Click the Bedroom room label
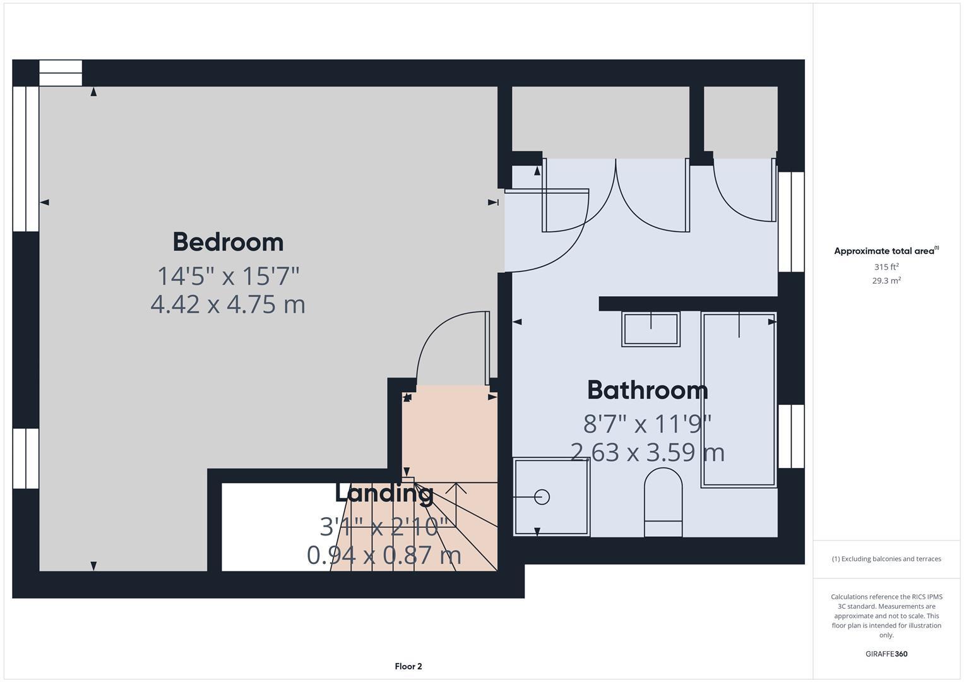228,242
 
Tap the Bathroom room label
647,390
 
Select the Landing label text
384,493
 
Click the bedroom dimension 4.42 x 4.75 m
228,304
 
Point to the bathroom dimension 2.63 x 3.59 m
647,452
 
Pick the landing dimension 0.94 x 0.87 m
384,555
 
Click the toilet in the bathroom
663,502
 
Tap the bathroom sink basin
651,329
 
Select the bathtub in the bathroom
739,400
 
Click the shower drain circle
542,497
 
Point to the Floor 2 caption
408,666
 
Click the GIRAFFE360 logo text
886,654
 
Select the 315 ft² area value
886,267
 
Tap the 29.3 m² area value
886,281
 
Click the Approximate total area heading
886,251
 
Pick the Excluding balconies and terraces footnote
886,559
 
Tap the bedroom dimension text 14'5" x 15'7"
228,276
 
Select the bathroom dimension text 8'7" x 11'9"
647,424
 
